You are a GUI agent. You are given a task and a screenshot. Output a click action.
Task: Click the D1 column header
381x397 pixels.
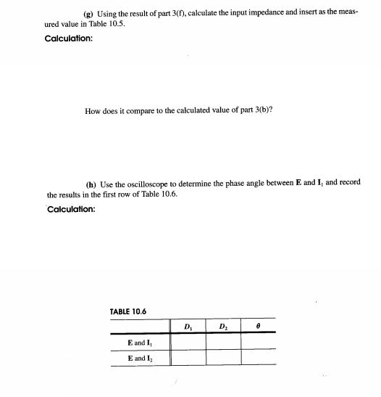pyautogui.click(x=188, y=326)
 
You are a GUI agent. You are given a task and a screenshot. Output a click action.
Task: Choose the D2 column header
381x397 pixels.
pyautogui.click(x=224, y=326)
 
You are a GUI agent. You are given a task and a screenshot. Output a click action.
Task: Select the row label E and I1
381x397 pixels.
pyautogui.click(x=139, y=342)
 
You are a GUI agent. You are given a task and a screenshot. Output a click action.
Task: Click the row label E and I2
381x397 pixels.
pyautogui.click(x=139, y=358)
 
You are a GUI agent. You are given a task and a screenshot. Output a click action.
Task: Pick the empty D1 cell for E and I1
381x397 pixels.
pyautogui.click(x=188, y=342)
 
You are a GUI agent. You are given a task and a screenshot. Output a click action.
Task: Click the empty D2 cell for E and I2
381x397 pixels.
pyautogui.click(x=224, y=358)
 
